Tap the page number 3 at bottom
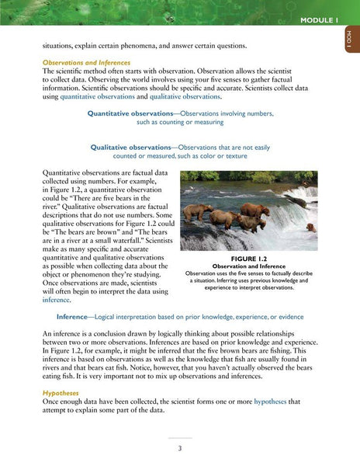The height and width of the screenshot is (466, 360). coord(179,448)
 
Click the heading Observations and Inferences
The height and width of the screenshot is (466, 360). coord(86,61)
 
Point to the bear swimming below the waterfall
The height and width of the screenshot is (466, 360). coord(310,228)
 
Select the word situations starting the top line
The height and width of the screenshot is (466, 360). coord(65,46)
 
